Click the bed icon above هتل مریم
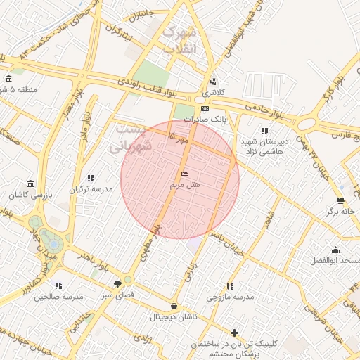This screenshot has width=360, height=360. click(x=185, y=174)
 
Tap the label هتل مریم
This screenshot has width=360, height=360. click(x=185, y=184)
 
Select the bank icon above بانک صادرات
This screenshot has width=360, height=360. click(x=205, y=109)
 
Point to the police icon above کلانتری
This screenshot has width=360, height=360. click(x=214, y=82)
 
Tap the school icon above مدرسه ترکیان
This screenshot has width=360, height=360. click(x=89, y=179)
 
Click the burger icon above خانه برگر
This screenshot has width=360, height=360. click(x=341, y=200)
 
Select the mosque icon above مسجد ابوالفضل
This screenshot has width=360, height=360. click(x=335, y=250)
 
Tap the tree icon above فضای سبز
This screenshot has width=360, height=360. click(x=117, y=284)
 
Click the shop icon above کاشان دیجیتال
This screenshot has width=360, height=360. click(x=174, y=307)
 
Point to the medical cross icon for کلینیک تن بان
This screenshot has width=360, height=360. click(x=234, y=333)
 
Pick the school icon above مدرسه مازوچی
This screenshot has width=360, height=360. click(x=229, y=286)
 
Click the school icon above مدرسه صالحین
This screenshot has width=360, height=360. click(x=58, y=285)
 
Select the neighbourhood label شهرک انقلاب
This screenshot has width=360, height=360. click(x=179, y=41)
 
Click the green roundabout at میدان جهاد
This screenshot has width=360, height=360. click(x=50, y=238)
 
